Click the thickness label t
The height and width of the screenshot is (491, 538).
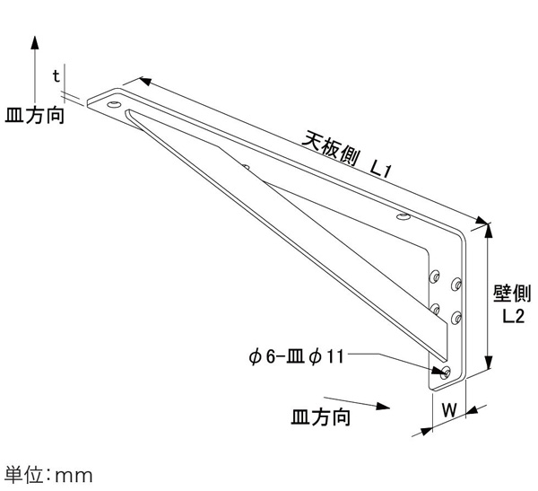click(56, 76)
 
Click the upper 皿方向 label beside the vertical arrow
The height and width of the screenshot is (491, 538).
click(35, 115)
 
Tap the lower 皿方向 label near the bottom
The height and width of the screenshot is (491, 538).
click(321, 417)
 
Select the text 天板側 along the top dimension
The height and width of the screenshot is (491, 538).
click(330, 149)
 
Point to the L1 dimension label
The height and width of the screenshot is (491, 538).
click(380, 169)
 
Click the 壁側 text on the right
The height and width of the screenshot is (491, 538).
click(512, 294)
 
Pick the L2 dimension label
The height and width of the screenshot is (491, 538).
click(514, 316)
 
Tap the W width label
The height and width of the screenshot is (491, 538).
click(449, 410)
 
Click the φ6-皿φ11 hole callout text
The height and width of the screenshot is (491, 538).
click(296, 357)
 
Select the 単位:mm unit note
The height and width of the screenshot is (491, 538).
click(48, 475)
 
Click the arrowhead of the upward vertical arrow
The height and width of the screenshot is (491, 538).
click(35, 42)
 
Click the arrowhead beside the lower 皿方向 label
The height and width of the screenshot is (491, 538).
click(383, 406)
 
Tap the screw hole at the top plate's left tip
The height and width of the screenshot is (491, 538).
click(114, 104)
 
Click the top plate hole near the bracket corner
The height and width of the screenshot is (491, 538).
click(403, 216)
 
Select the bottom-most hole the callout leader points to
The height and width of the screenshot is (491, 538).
click(446, 372)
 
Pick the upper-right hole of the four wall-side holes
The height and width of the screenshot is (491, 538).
click(456, 284)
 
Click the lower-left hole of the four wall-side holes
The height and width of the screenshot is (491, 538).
click(436, 310)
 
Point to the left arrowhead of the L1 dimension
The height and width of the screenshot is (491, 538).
click(145, 81)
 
